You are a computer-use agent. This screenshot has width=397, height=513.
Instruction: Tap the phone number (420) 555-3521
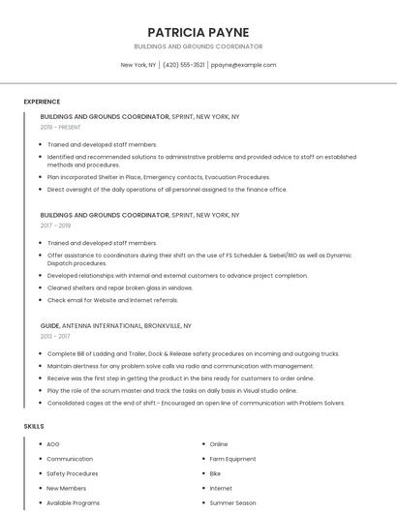pyautogui.click(x=184, y=65)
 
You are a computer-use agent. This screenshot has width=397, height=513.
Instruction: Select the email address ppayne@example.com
pyautogui.click(x=243, y=65)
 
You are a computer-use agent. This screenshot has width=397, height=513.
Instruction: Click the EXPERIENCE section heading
pyautogui.click(x=42, y=102)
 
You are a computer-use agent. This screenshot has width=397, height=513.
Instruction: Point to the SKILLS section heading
pyautogui.click(x=34, y=426)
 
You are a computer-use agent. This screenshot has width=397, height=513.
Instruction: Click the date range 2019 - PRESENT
pyautogui.click(x=61, y=127)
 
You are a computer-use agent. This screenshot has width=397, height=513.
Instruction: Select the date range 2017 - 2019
pyautogui.click(x=55, y=226)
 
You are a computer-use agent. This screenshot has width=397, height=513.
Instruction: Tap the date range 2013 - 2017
pyautogui.click(x=55, y=337)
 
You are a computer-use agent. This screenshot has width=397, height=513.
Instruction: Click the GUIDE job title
pyautogui.click(x=50, y=326)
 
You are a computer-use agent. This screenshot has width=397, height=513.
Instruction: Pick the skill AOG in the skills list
pyautogui.click(x=53, y=444)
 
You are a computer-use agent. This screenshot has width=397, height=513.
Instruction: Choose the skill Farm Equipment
pyautogui.click(x=232, y=459)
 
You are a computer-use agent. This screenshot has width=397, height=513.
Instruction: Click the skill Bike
pyautogui.click(x=216, y=473)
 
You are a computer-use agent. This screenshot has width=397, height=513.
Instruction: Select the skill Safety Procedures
pyautogui.click(x=73, y=473)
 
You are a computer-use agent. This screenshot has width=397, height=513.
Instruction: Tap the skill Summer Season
pyautogui.click(x=232, y=503)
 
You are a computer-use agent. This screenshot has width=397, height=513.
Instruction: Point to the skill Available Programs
pyautogui.click(x=74, y=503)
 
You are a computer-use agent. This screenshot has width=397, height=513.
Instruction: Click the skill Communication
pyautogui.click(x=70, y=459)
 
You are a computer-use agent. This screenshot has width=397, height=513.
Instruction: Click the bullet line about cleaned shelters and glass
pyautogui.click(x=120, y=287)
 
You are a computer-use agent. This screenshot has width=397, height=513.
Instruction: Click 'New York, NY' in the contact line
pyautogui.click(x=138, y=65)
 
